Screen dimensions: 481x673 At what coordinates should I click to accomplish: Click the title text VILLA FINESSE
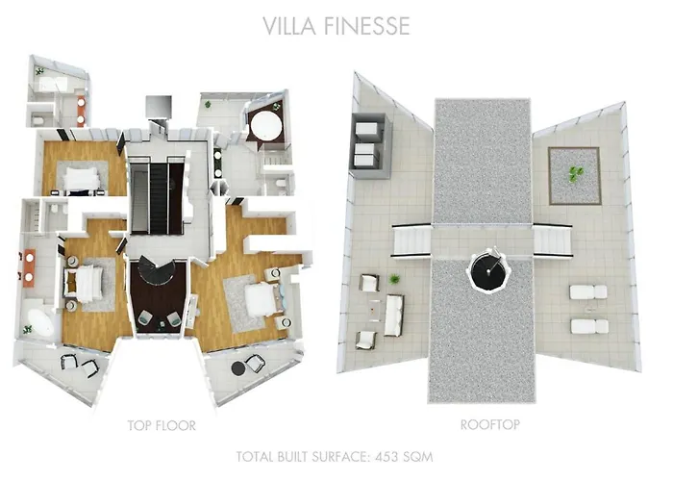point(336,26)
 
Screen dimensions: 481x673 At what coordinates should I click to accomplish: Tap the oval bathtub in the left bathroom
point(39,322)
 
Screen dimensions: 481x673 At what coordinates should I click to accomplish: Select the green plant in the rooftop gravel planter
point(575,174)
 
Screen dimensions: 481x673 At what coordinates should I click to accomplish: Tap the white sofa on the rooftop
point(393,316)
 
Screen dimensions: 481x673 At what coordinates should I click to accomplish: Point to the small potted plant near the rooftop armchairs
point(395,280)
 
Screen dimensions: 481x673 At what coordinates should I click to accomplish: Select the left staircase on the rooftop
point(411,240)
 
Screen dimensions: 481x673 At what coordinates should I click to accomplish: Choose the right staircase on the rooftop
point(552,240)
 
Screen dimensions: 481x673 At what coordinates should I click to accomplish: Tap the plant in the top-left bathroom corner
point(39,72)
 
